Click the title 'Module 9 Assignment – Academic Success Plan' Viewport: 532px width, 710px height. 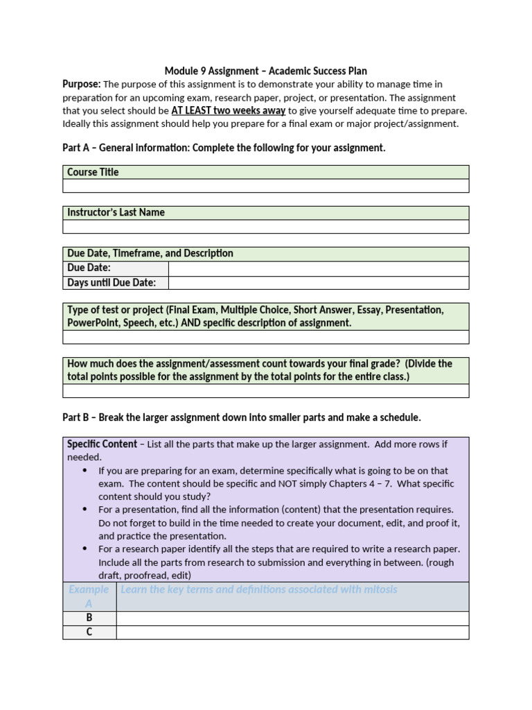[266, 71]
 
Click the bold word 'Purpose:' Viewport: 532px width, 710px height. [82, 84]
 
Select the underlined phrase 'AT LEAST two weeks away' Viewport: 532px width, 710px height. [228, 110]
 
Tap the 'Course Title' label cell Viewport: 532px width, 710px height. [93, 172]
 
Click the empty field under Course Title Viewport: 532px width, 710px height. [266, 186]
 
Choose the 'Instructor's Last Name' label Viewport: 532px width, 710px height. [116, 213]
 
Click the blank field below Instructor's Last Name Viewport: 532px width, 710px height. [266, 227]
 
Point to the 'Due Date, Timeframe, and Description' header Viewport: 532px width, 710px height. [150, 254]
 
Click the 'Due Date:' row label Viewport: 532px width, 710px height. [89, 268]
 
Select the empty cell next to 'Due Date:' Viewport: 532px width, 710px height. [319, 268]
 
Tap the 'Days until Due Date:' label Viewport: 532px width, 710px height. [112, 282]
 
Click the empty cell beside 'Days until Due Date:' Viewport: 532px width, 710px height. [319, 282]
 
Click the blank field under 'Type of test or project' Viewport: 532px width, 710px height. [266, 337]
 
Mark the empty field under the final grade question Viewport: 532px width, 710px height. [266, 390]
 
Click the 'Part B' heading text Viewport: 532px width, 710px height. [242, 417]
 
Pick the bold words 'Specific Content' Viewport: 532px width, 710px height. [102, 444]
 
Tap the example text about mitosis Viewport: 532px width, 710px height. [259, 590]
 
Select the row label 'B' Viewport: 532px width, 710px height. [89, 618]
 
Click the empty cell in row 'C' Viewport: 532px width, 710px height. [292, 632]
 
